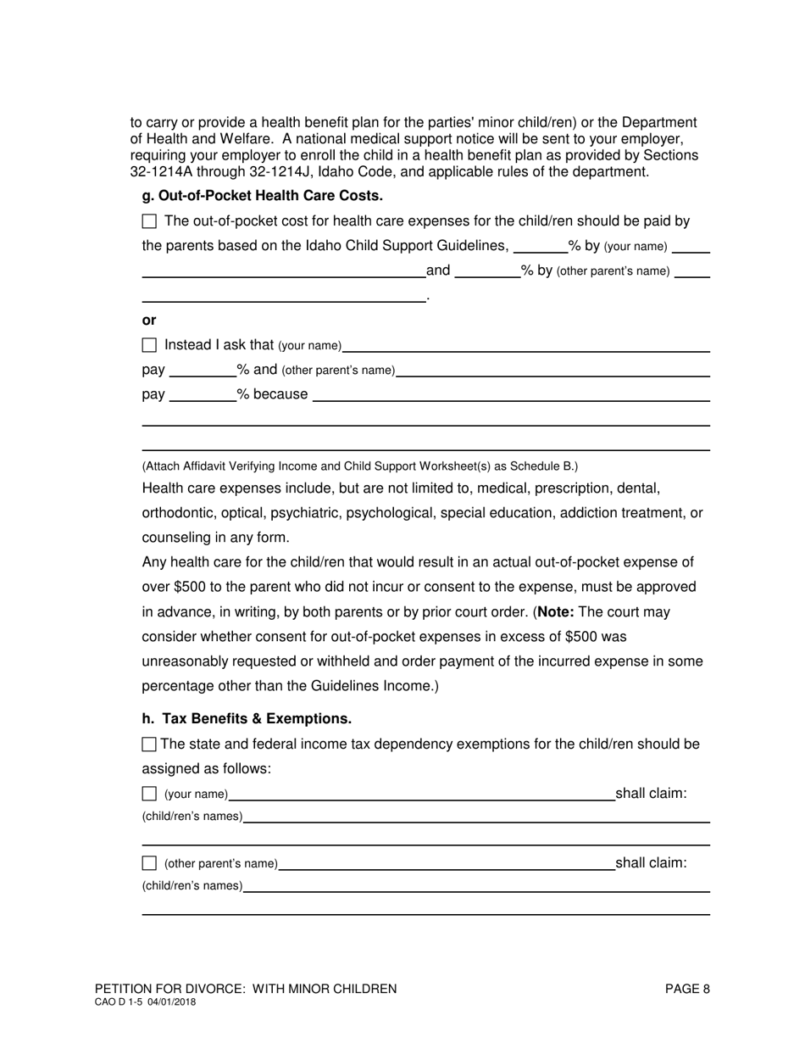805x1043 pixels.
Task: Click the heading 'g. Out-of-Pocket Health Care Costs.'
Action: (262, 196)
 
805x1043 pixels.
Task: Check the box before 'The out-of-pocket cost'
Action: (150, 221)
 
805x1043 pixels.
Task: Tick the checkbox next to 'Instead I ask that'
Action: (150, 345)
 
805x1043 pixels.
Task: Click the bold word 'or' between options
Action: (149, 321)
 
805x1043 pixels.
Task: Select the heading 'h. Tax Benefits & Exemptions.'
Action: (247, 719)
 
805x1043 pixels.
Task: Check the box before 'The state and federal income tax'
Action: (149, 745)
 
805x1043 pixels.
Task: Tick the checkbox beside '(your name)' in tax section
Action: (150, 794)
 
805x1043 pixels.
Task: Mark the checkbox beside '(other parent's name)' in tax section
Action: (150, 863)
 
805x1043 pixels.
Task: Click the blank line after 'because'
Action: (511, 395)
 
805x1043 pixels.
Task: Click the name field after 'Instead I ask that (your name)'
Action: (525, 346)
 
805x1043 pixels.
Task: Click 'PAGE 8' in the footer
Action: (687, 989)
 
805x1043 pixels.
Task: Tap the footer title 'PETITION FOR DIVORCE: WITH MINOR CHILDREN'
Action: (246, 989)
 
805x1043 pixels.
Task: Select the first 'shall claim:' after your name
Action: (651, 794)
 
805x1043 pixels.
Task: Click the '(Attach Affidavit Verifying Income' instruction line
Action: (360, 466)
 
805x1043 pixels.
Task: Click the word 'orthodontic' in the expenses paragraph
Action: (176, 513)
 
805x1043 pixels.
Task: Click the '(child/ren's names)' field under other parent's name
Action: (476, 886)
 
